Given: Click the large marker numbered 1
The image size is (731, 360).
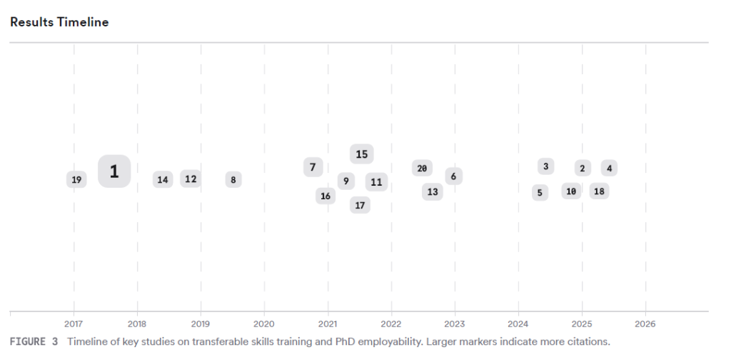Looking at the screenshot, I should (114, 171).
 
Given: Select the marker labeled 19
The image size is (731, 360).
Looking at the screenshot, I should (76, 180).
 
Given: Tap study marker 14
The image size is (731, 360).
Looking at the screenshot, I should (163, 180).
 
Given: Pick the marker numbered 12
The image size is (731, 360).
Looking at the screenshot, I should (191, 179).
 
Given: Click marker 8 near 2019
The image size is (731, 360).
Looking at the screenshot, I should (233, 180).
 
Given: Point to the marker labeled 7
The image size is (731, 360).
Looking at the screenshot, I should (313, 167).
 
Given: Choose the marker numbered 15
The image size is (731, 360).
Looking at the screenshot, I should (361, 154).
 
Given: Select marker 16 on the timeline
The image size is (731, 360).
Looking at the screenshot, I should (326, 196).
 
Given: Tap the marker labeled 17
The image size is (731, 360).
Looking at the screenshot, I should (360, 205).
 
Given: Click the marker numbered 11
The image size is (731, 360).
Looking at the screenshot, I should (376, 182).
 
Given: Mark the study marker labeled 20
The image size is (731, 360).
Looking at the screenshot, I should (422, 169).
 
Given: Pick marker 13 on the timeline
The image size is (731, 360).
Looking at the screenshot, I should (433, 191).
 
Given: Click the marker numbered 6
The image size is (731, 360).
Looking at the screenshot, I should (453, 176).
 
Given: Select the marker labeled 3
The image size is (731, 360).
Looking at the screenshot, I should (545, 166).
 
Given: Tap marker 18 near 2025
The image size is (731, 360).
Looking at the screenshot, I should (599, 191).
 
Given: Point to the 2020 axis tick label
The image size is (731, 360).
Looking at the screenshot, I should (264, 322).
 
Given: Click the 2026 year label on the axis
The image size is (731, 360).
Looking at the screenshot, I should (645, 322).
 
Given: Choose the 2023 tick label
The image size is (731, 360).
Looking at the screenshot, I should (455, 322).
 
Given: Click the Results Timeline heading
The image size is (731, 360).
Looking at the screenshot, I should (59, 22).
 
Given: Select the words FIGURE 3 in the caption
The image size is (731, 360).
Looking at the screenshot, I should (34, 341).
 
